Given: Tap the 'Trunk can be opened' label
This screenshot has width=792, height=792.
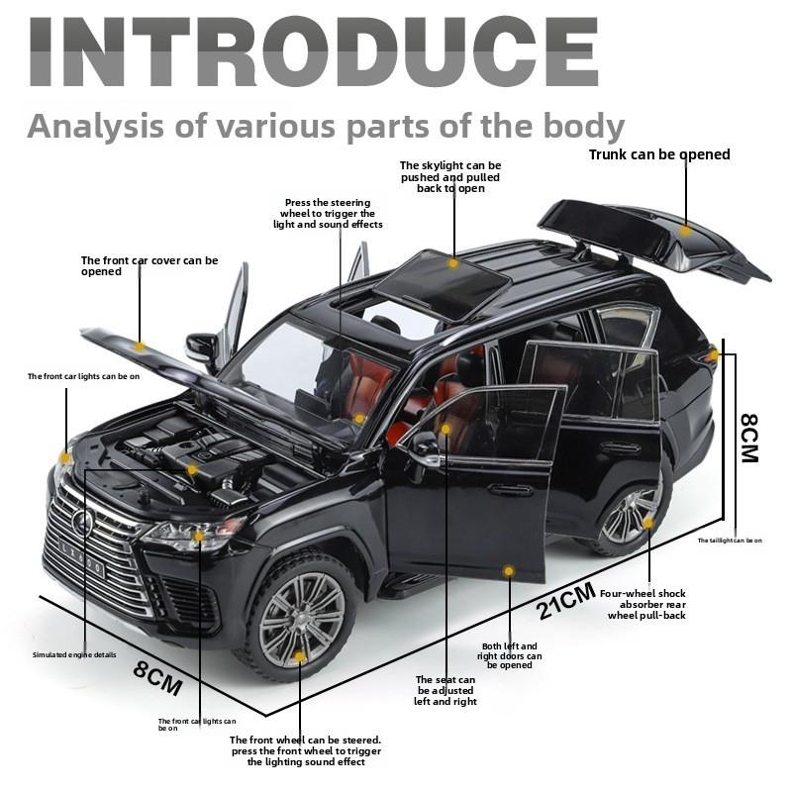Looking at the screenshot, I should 659,154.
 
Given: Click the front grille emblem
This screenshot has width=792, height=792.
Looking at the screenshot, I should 82,522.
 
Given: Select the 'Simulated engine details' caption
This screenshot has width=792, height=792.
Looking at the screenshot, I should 74,654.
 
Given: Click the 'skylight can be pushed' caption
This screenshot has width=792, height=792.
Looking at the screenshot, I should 450,176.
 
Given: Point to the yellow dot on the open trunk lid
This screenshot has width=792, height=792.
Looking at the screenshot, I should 685,231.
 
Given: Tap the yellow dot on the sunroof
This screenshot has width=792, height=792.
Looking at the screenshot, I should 453,263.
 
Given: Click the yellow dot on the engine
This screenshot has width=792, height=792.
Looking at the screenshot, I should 192,469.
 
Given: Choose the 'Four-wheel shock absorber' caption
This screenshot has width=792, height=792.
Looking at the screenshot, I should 649,604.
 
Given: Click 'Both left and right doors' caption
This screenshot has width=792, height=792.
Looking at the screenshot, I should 510,655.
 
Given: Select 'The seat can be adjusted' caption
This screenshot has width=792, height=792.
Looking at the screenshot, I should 445,690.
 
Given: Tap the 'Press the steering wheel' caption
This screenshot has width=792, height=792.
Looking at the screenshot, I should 328,213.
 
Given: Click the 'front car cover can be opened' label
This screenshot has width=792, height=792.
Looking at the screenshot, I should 149,265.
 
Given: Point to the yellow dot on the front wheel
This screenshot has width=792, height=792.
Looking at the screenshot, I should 300,656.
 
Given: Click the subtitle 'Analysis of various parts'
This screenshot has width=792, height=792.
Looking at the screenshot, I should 326,127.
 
